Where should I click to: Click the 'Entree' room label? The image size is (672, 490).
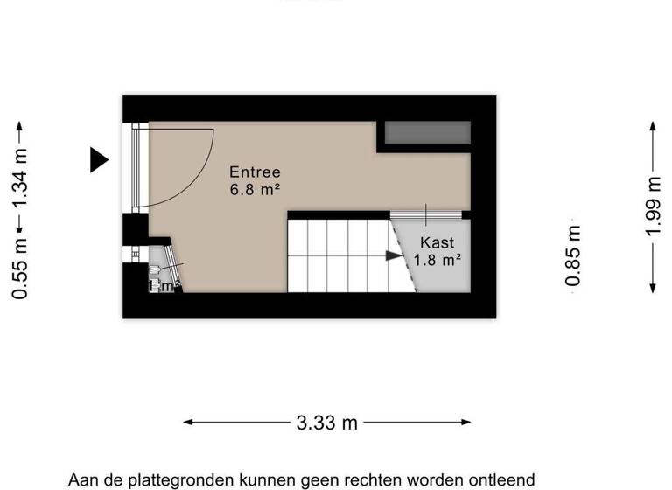pyautogui.click(x=255, y=172)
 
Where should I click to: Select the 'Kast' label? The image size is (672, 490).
pyautogui.click(x=437, y=242)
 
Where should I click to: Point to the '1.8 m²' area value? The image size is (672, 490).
pyautogui.click(x=437, y=259)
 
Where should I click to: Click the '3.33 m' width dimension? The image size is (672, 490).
pyautogui.click(x=327, y=423)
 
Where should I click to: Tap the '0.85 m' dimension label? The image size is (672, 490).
pyautogui.click(x=573, y=255)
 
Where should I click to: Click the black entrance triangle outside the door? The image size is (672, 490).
pyautogui.click(x=98, y=159)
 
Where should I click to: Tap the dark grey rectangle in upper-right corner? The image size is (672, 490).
pyautogui.click(x=428, y=133)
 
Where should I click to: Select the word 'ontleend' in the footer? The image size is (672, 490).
pyautogui.click(x=502, y=480)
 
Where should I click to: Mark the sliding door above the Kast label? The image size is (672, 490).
pyautogui.click(x=425, y=214)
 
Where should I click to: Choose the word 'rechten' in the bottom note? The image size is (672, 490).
pyautogui.click(x=372, y=480)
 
